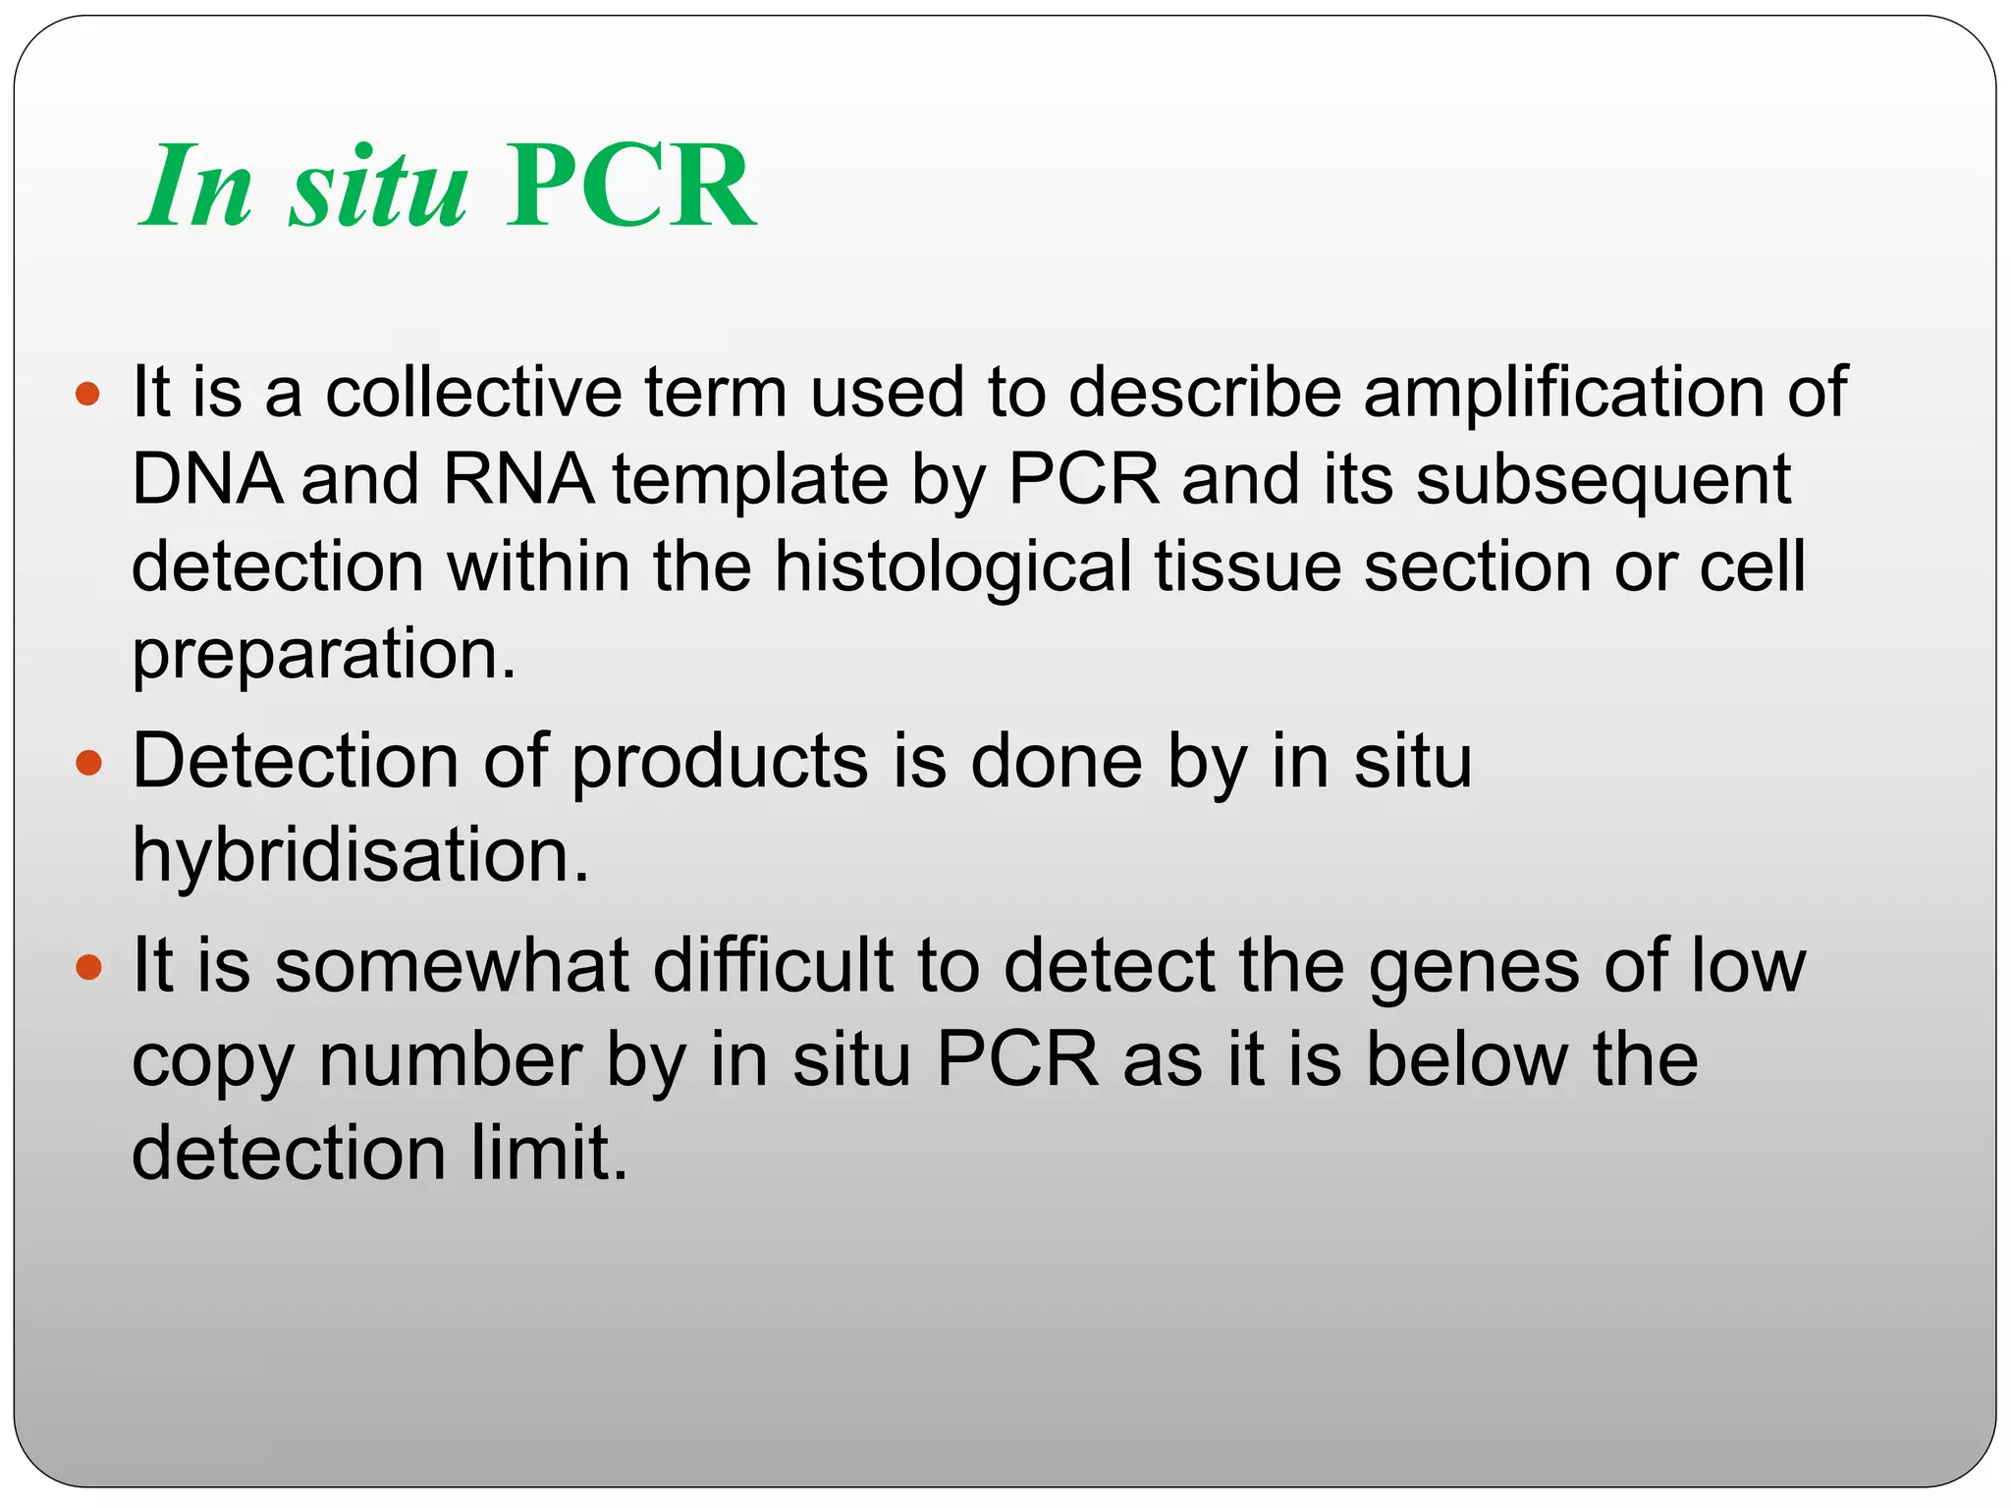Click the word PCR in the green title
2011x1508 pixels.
(630, 187)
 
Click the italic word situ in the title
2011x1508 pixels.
(378, 187)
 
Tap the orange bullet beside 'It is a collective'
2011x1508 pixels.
(88, 395)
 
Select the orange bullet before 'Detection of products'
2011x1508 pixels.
(88, 763)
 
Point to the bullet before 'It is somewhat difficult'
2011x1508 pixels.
(88, 968)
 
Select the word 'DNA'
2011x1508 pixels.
(206, 480)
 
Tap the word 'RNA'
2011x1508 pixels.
(518, 480)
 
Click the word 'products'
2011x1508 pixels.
(720, 763)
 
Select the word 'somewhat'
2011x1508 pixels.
(452, 966)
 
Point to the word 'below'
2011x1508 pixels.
(1468, 1060)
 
